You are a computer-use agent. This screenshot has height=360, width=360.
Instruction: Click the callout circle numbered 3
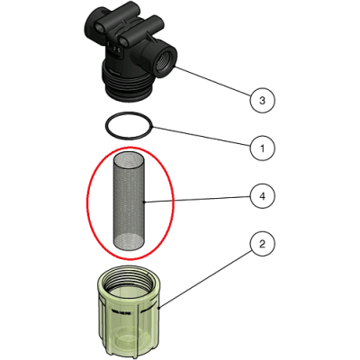point(262,100)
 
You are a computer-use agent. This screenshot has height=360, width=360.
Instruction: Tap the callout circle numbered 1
point(262,148)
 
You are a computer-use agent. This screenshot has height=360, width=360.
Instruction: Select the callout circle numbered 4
point(262,196)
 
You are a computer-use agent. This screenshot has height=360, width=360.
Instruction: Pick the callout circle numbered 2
point(262,244)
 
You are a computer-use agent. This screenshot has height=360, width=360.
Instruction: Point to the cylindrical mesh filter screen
point(129,202)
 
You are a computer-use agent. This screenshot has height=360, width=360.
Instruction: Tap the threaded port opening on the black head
point(164,62)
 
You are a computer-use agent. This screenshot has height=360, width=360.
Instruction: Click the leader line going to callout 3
point(212,81)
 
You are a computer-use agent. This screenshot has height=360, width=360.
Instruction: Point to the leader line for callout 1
point(202,137)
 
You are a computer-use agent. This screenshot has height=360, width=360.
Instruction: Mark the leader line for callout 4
point(197,199)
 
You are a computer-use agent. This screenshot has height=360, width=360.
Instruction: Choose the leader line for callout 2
point(204,278)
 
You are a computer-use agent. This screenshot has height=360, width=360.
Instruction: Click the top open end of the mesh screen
point(129,159)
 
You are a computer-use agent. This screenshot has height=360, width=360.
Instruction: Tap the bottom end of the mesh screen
point(129,243)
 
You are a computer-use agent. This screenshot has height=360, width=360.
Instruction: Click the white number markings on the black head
point(114,48)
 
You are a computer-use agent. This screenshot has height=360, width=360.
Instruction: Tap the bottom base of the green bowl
point(129,339)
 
